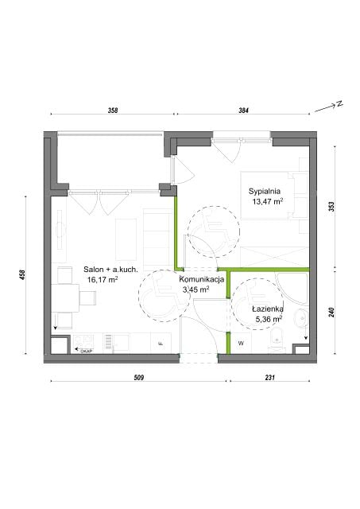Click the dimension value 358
(113, 110)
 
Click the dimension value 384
(243, 110)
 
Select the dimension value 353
(331, 207)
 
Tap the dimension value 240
(331, 313)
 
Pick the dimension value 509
(139, 378)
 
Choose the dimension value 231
(270, 378)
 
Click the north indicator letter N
(339, 104)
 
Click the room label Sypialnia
(265, 191)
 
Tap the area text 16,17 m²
(103, 279)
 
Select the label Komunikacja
(201, 279)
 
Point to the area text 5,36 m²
(269, 319)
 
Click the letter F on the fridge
(161, 344)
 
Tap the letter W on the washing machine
(241, 343)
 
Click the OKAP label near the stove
(86, 351)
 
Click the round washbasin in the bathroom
(301, 318)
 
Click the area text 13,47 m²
(268, 201)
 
